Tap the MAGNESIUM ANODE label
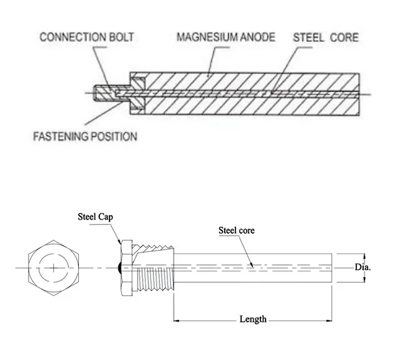(225, 37)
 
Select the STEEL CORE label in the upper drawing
(326, 37)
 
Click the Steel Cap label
(94, 217)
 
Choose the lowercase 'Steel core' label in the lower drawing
(236, 230)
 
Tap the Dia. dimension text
(363, 267)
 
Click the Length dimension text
(253, 319)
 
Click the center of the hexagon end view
(55, 267)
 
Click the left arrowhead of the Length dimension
(177, 319)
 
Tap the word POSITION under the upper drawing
(114, 136)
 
